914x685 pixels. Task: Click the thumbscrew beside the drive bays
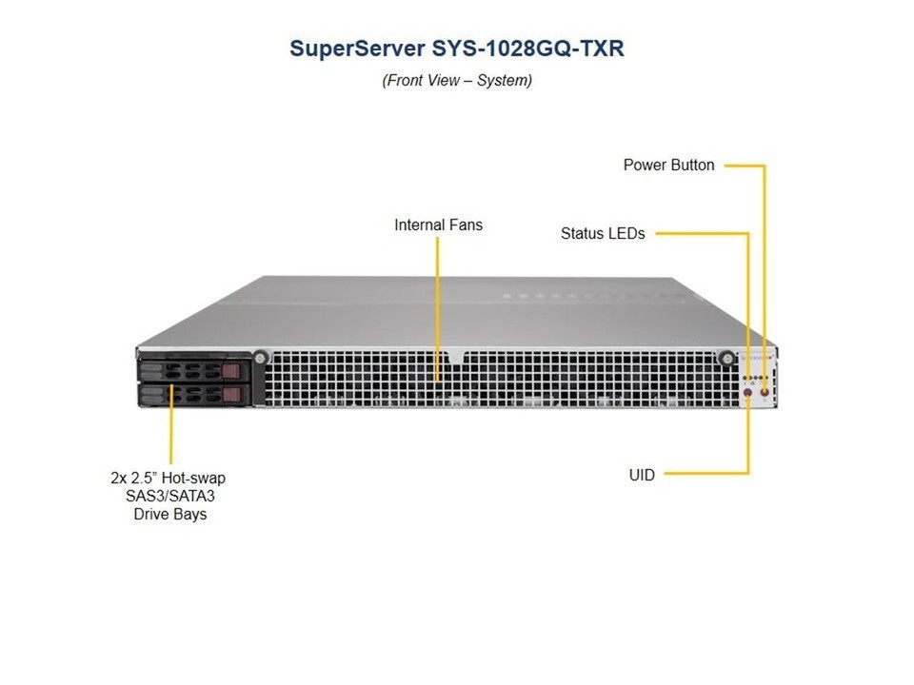click(x=259, y=358)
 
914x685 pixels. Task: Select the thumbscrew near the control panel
click(x=726, y=358)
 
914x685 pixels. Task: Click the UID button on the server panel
click(x=748, y=392)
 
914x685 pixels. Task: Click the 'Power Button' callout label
click(x=668, y=166)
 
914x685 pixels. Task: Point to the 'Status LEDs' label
click(x=603, y=233)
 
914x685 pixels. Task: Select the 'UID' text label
click(x=642, y=474)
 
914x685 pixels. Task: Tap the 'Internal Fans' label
click(x=438, y=225)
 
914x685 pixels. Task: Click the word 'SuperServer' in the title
click(x=357, y=49)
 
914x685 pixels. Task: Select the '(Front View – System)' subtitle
click(x=457, y=81)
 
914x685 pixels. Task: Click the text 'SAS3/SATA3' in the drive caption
click(x=169, y=496)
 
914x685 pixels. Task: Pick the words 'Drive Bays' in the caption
click(x=169, y=515)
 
